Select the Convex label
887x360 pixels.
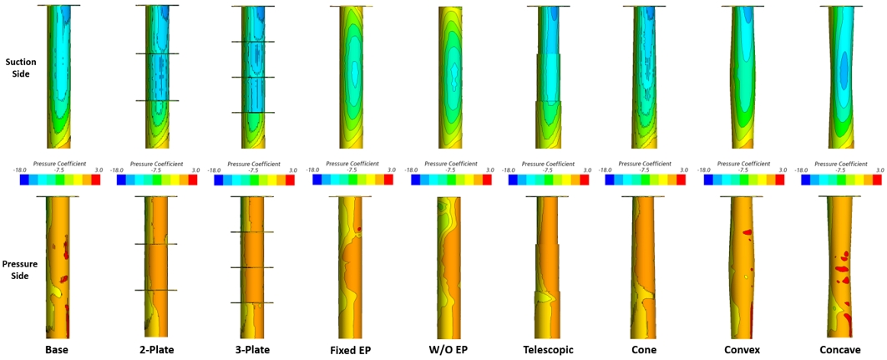tap(743, 348)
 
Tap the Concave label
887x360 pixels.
tap(841, 348)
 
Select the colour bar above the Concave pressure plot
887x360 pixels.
tap(841, 180)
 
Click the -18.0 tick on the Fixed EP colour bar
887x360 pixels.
tap(312, 170)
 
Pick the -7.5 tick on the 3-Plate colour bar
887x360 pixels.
tap(253, 170)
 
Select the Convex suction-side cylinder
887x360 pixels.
tap(743, 75)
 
